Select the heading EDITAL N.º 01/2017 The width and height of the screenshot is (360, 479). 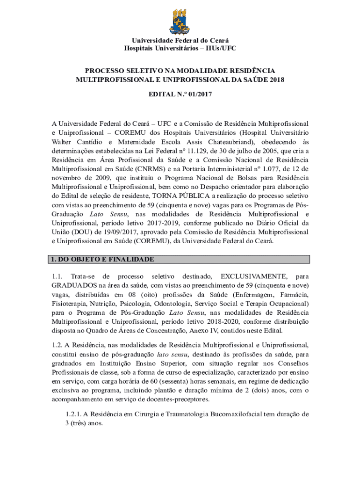click(x=180, y=95)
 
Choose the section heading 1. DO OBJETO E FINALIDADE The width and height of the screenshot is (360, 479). click(x=103, y=259)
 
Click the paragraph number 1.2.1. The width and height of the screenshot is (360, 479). click(x=75, y=414)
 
